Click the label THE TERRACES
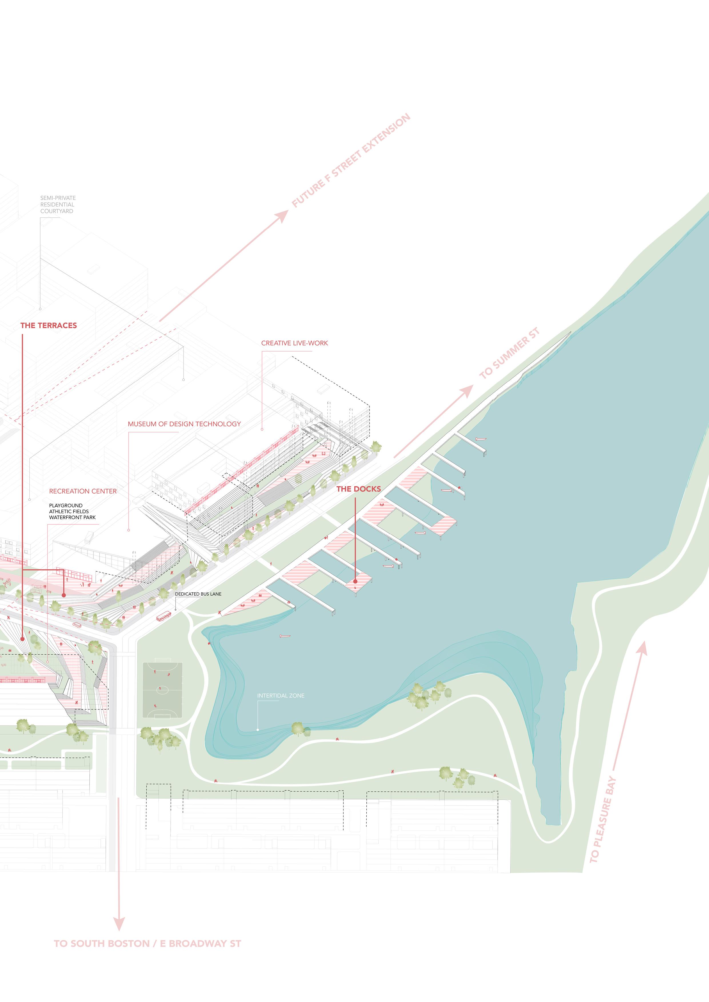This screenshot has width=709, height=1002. (x=49, y=325)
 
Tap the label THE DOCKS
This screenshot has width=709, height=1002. (x=358, y=489)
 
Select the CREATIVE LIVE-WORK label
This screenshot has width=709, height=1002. (x=294, y=343)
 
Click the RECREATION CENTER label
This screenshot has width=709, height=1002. (x=83, y=491)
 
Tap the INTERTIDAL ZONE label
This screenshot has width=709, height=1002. (x=281, y=696)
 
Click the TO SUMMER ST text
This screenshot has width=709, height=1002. (x=510, y=353)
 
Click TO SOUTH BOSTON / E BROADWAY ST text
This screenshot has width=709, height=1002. (x=147, y=943)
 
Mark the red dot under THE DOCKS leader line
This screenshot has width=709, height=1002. (x=356, y=581)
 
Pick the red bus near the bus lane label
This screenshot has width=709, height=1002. (x=164, y=617)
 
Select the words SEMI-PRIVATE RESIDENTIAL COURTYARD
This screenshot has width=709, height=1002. (x=58, y=204)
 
